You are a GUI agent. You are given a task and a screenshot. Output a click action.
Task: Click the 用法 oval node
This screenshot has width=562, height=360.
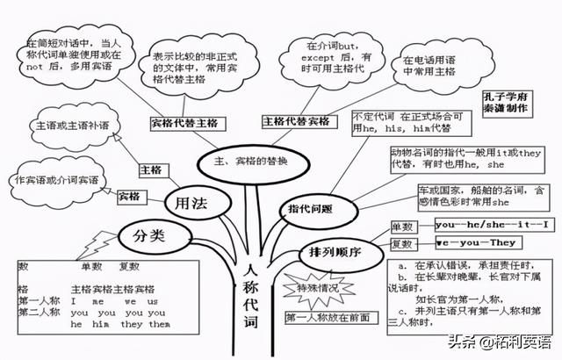point(191,203)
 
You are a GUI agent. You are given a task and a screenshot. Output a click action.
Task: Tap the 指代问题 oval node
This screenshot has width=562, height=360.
point(310,209)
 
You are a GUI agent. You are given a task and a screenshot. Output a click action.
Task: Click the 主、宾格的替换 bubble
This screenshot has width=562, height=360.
point(249,162)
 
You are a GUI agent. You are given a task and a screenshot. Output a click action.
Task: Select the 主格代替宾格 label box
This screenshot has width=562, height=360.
point(296,120)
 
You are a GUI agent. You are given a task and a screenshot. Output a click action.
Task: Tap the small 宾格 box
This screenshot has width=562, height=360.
point(129,196)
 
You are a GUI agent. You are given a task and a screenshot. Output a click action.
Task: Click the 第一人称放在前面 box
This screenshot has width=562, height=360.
point(327,317)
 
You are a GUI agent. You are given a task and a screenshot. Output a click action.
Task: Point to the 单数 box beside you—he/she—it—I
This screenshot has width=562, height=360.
point(402,225)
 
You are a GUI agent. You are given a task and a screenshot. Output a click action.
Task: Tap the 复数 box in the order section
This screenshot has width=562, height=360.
point(402,242)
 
